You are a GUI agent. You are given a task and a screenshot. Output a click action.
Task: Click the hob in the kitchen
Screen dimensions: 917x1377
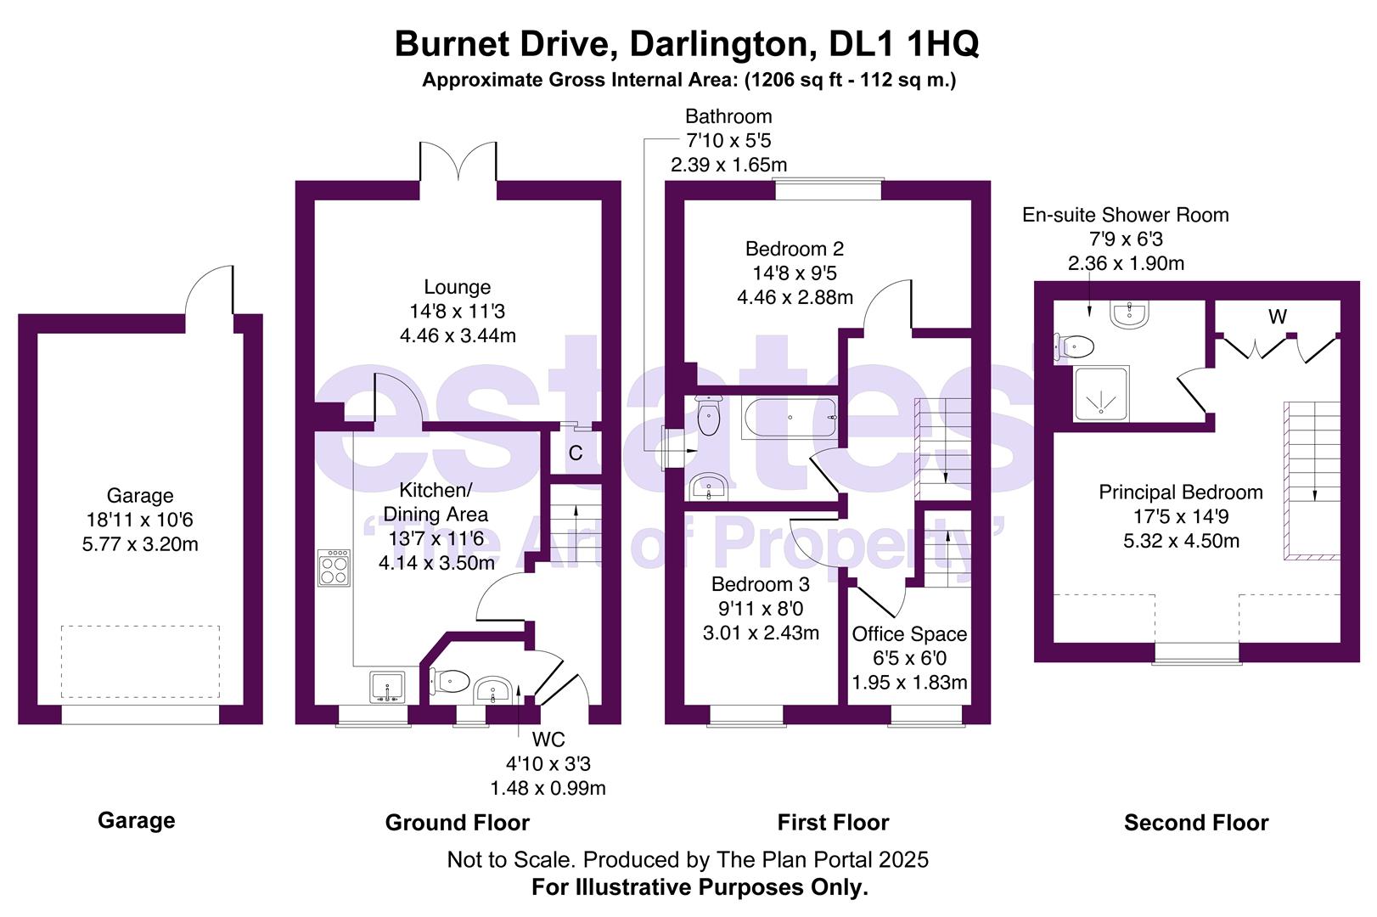pos(334,568)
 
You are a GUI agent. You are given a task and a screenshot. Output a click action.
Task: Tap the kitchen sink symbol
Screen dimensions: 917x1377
pos(388,687)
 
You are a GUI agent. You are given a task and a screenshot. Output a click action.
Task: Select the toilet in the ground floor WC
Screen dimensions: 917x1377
pos(451,680)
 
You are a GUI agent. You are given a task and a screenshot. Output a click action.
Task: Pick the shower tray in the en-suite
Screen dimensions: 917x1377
pos(1101,394)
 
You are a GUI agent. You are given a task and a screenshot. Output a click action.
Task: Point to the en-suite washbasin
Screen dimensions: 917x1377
pos(1129,315)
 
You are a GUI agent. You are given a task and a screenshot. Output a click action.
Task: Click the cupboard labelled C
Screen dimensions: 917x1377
pos(576,453)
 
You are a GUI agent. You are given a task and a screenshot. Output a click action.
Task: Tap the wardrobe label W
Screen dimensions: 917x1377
pos(1278,317)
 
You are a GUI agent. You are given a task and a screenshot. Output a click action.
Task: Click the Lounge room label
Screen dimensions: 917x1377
pos(458,288)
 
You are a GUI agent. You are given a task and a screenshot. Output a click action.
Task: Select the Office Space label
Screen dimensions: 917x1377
pos(909,634)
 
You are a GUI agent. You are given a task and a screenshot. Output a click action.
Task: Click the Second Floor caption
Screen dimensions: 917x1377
pos(1195,822)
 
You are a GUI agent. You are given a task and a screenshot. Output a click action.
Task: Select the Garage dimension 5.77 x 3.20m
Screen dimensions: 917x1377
pos(140,543)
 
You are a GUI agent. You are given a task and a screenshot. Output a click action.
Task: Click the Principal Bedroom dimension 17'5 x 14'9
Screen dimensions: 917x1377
pos(1180,516)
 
